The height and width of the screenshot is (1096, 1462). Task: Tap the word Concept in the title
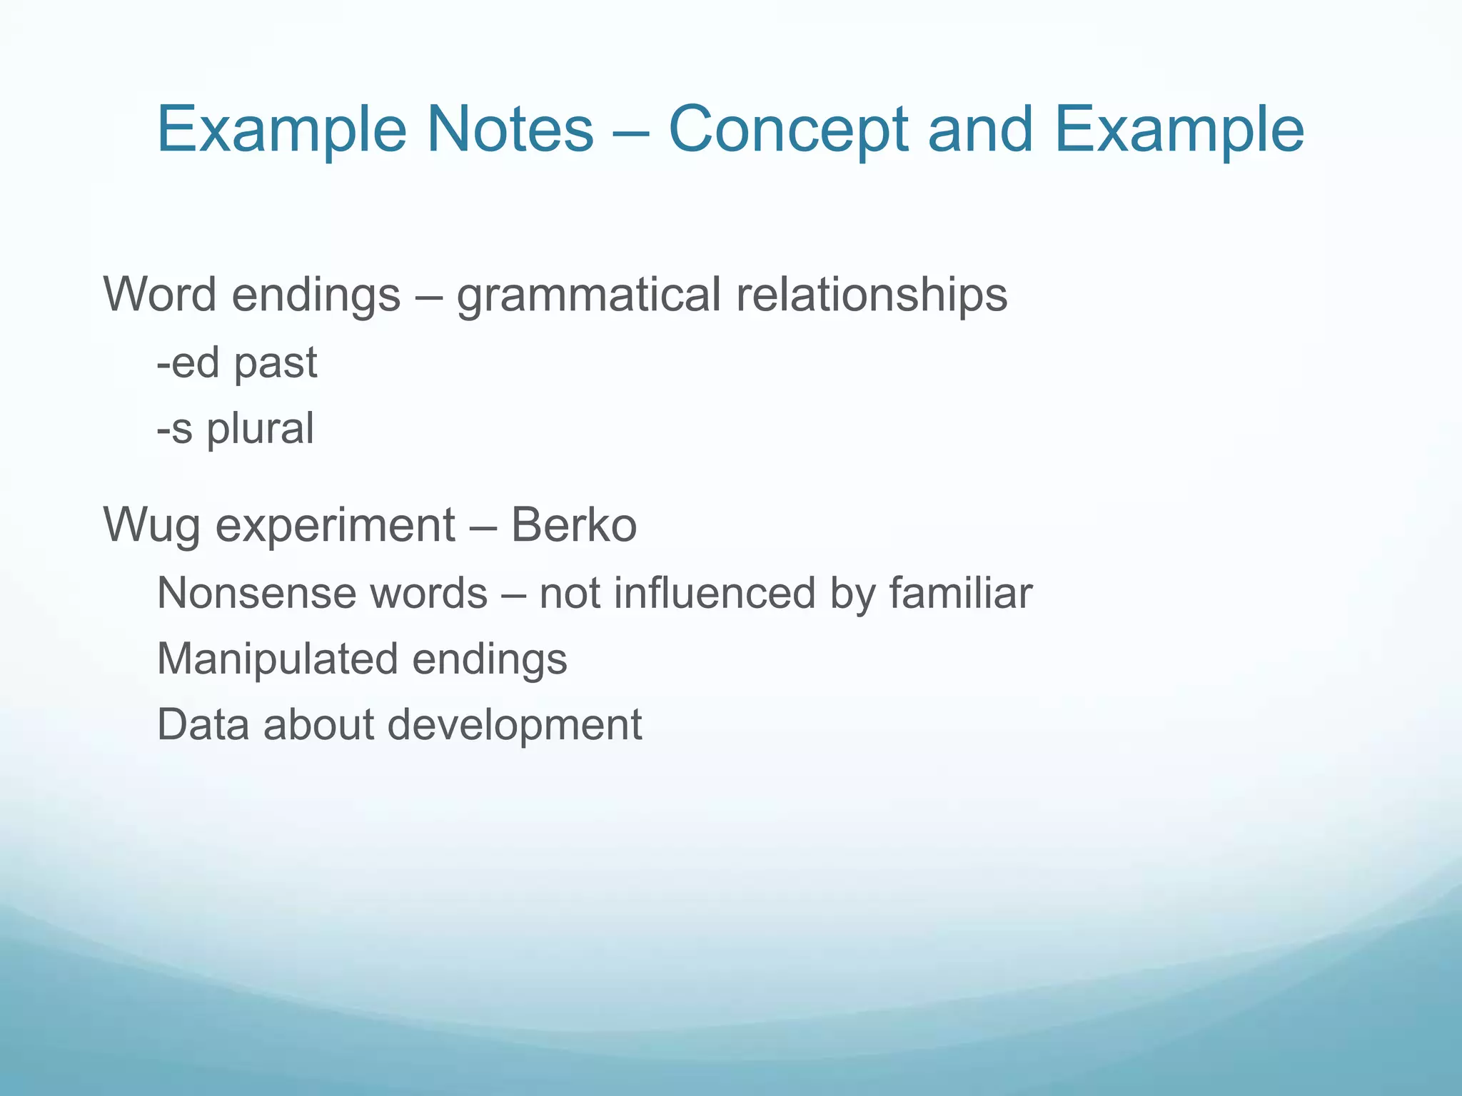pos(788,131)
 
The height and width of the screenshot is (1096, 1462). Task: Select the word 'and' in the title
pos(979,129)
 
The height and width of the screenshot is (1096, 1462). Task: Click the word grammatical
pos(588,295)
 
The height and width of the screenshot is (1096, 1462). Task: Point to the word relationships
pos(872,295)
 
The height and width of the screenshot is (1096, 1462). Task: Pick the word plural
pos(260,429)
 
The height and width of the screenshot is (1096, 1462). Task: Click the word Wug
pos(151,525)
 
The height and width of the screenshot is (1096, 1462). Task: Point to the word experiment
pos(335,525)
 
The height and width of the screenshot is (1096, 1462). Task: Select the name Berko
pos(573,524)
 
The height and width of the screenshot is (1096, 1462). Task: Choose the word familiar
pos(960,593)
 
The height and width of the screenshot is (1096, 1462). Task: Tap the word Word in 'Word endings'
pos(161,295)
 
